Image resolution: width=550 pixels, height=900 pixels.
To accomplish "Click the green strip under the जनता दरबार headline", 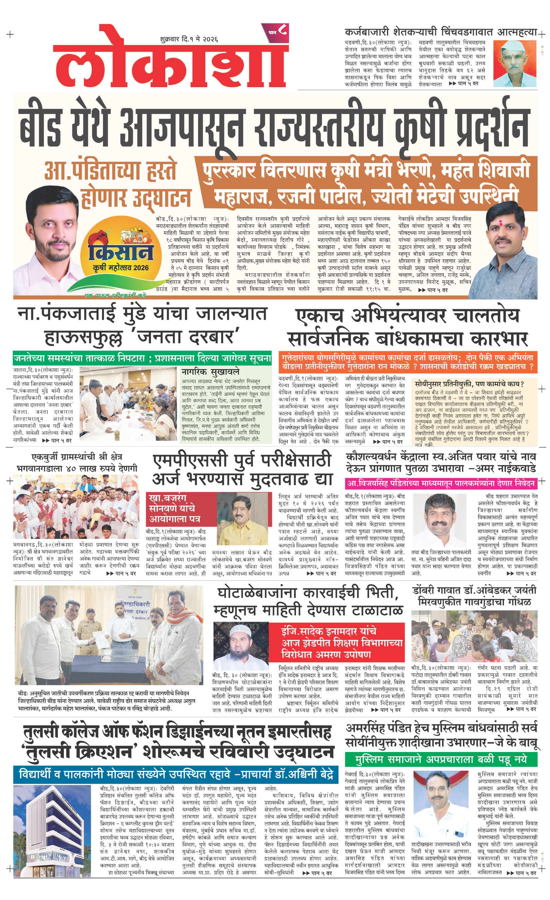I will tap(142, 358).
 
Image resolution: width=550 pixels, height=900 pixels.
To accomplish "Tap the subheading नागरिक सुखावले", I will tap(210, 371).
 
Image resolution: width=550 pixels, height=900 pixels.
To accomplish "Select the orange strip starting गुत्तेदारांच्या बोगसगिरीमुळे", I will tap(407, 361).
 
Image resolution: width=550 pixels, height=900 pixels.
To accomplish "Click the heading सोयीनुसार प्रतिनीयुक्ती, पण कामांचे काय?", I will tap(469, 384).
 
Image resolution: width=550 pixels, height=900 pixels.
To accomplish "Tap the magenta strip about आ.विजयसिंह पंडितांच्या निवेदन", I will tap(441, 483).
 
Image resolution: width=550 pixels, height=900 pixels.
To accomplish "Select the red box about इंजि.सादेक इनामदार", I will tap(336, 642).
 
